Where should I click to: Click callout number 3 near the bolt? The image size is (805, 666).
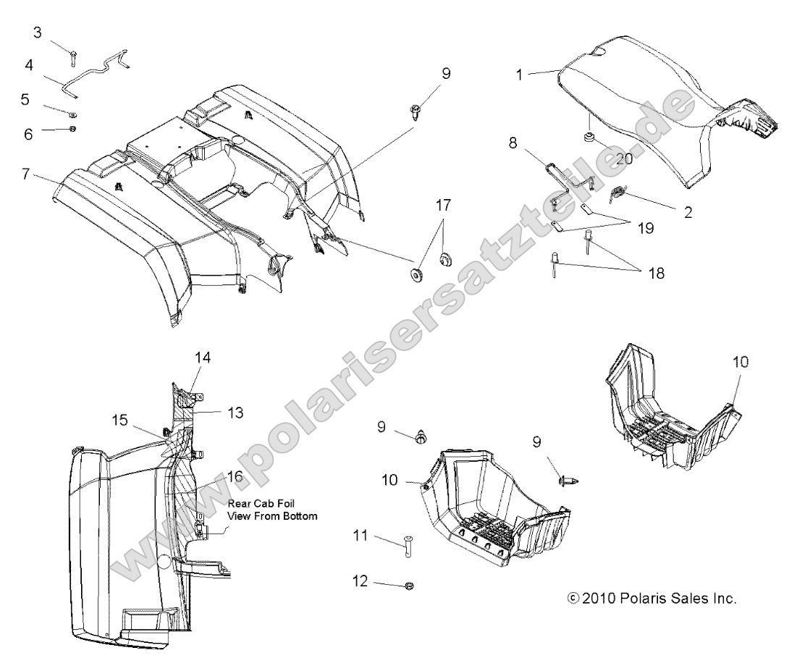pos(38,33)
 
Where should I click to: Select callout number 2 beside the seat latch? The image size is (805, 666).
pos(687,212)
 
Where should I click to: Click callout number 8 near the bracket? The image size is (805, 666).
pos(513,143)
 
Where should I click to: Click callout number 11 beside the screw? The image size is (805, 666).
pos(361,536)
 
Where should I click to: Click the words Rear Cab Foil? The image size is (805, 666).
pos(261,503)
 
